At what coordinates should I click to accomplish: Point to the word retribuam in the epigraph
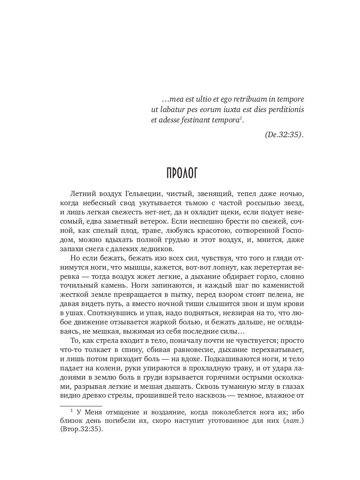(x=248, y=99)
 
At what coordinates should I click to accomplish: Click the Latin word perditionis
(x=285, y=109)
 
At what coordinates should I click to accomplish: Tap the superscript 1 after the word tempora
(x=241, y=117)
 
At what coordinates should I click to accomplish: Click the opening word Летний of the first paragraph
(x=83, y=194)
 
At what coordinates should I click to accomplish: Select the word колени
(x=108, y=368)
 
